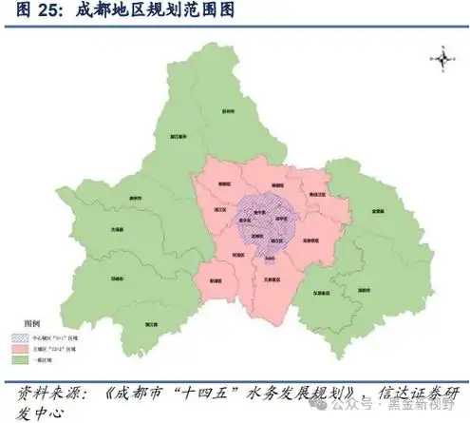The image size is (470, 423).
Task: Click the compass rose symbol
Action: [x=442, y=58]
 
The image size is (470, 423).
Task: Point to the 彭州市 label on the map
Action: [x=226, y=112]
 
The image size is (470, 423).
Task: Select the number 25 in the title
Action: [x=41, y=11]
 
